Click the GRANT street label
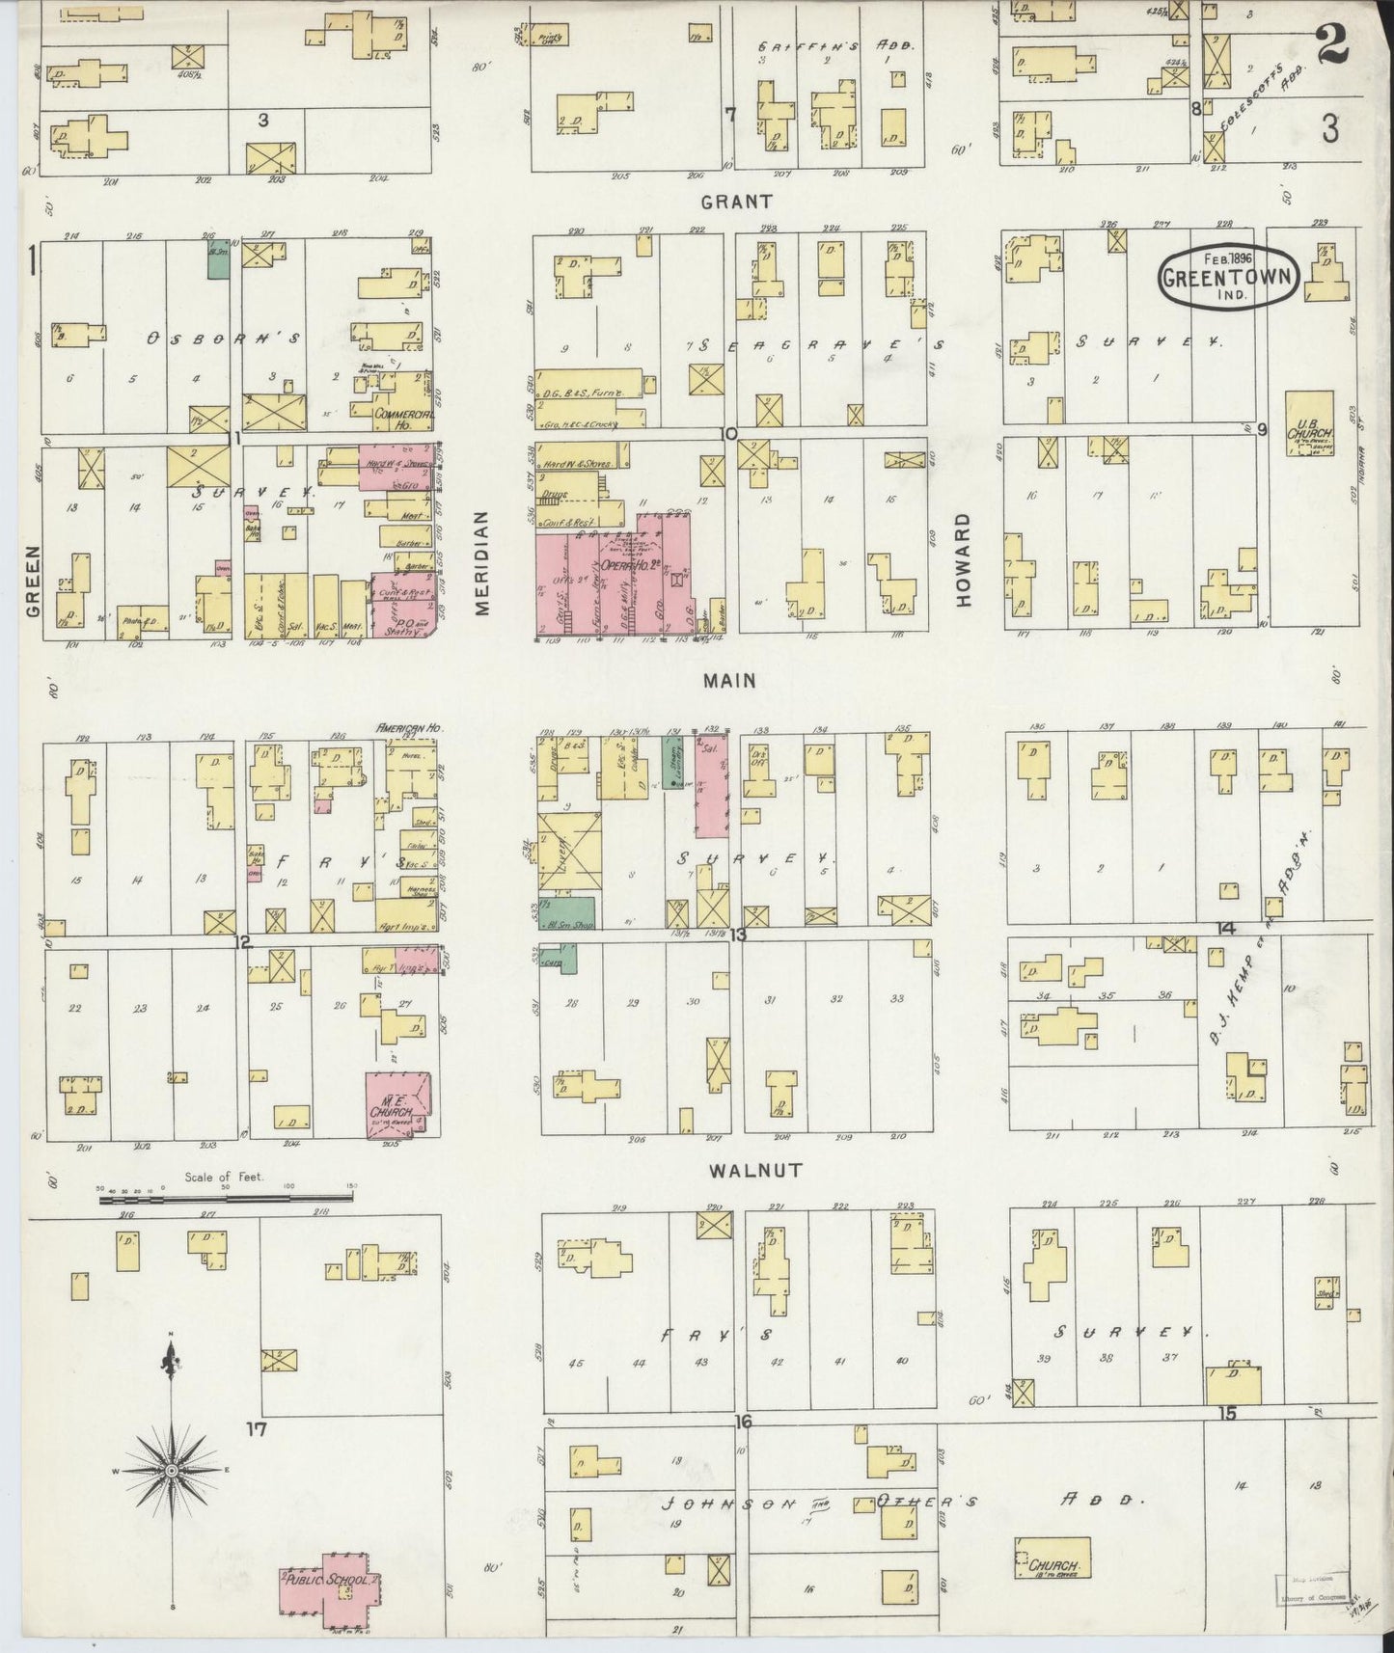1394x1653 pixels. [x=736, y=202]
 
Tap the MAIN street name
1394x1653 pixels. [x=729, y=681]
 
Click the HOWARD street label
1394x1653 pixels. [x=962, y=559]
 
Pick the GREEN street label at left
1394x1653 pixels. [x=32, y=580]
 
